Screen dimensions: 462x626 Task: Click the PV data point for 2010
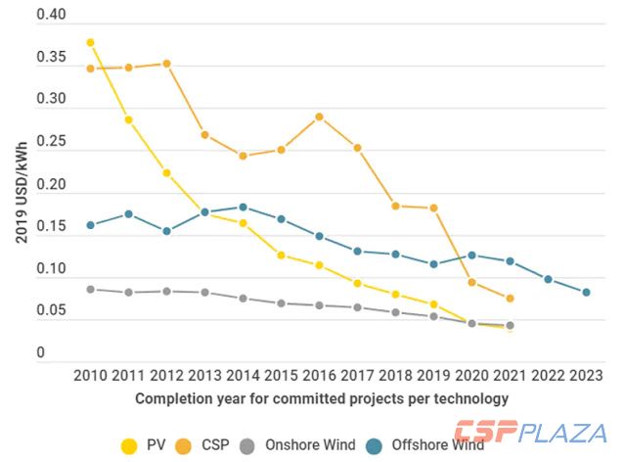coord(90,43)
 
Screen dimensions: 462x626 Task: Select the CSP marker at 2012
coord(166,64)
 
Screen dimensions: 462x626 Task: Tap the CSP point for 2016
coord(319,116)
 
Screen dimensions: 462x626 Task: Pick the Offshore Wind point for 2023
coord(586,293)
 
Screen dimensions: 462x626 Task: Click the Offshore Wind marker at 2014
coord(243,208)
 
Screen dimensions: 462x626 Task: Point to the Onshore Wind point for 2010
coord(90,289)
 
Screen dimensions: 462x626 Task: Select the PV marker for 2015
coord(281,255)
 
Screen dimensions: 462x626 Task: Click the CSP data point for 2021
coord(510,298)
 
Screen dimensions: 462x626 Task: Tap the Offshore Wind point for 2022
coord(548,279)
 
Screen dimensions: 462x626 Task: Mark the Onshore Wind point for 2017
coord(357,307)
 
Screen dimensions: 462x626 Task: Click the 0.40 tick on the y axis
coord(50,17)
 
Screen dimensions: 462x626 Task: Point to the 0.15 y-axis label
coord(50,228)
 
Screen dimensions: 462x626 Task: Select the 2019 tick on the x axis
coord(433,375)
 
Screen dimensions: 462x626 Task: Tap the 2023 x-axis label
coord(586,375)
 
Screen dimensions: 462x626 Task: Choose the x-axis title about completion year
coord(322,398)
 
